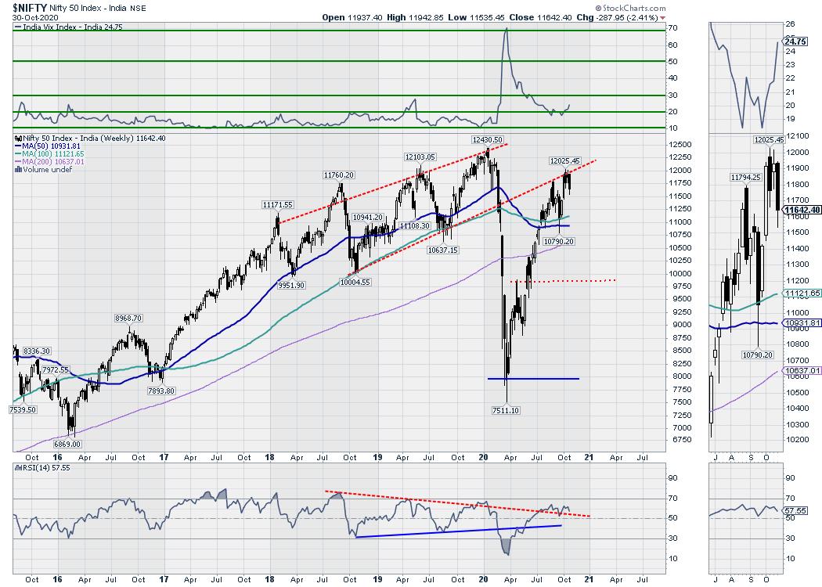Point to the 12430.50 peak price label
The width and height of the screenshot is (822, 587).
click(486, 139)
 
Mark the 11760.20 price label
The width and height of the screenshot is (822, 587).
click(340, 176)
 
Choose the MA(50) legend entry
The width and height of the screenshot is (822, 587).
click(41, 145)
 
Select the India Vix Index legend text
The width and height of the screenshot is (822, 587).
click(62, 27)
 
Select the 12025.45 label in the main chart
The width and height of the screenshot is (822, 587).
click(564, 160)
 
